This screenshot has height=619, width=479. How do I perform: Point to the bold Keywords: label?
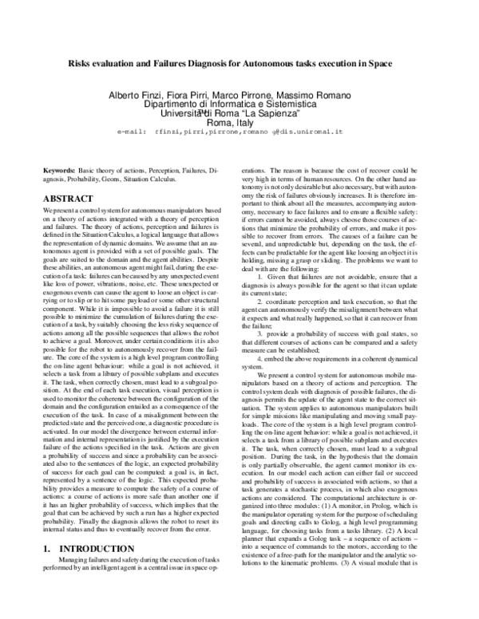click(59, 171)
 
